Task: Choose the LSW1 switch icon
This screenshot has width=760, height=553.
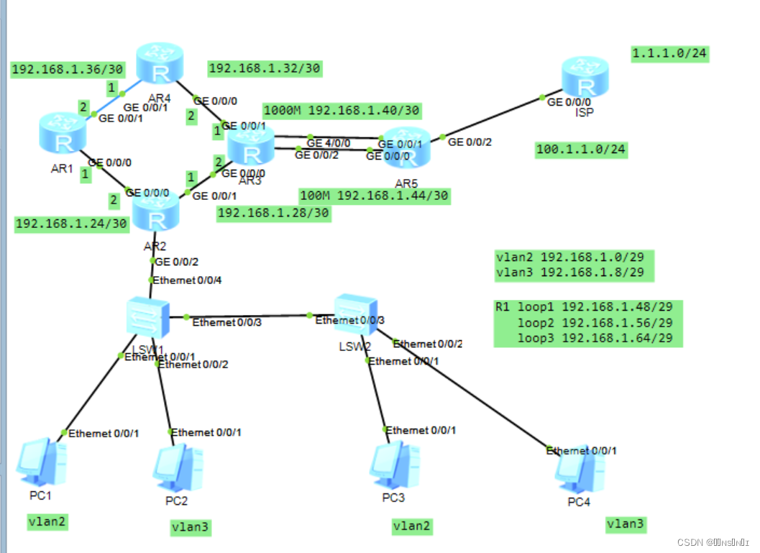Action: (147, 317)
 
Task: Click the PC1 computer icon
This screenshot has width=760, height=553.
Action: (40, 461)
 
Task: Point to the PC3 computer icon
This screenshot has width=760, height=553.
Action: (393, 465)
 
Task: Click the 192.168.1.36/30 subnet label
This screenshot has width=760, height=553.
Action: (68, 70)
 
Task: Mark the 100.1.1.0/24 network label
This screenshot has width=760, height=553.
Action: (581, 150)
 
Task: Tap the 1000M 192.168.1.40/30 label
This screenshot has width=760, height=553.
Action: (342, 111)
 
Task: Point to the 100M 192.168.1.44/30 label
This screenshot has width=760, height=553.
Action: (374, 196)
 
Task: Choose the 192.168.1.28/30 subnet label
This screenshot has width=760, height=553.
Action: (273, 213)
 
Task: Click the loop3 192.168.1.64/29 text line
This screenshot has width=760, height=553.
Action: (595, 339)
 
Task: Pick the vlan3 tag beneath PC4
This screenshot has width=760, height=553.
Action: (625, 524)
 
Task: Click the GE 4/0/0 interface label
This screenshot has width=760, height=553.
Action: (328, 143)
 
